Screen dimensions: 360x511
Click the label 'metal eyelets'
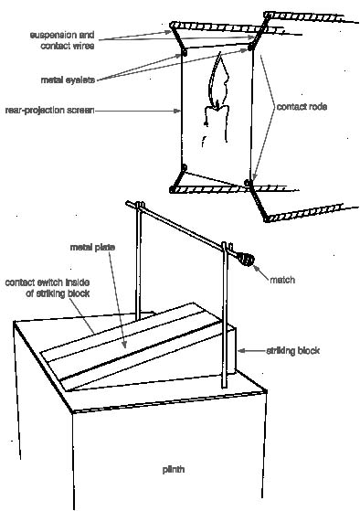tap(68, 80)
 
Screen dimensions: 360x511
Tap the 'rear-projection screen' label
tap(50, 110)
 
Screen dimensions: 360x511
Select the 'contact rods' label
tap(302, 107)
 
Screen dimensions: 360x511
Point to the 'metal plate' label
tap(92, 248)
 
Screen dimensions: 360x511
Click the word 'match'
tap(282, 280)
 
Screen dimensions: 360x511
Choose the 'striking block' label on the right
tap(293, 351)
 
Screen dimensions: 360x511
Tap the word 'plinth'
tap(174, 470)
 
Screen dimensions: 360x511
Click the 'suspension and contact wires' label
tap(62, 40)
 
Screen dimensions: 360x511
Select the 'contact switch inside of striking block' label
tap(48, 288)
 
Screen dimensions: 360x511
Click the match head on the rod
tap(246, 259)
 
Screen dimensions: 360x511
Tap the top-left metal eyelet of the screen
tap(185, 52)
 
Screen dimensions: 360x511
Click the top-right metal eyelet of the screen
tap(250, 48)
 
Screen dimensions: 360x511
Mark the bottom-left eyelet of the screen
tap(184, 167)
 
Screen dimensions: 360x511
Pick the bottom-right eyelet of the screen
tap(248, 183)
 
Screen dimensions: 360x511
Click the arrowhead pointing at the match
tap(257, 269)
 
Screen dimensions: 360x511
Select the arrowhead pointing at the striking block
tap(241, 351)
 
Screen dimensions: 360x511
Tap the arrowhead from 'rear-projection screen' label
tap(177, 111)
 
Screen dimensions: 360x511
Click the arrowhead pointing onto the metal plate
tap(123, 344)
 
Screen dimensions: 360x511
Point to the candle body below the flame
tap(217, 122)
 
